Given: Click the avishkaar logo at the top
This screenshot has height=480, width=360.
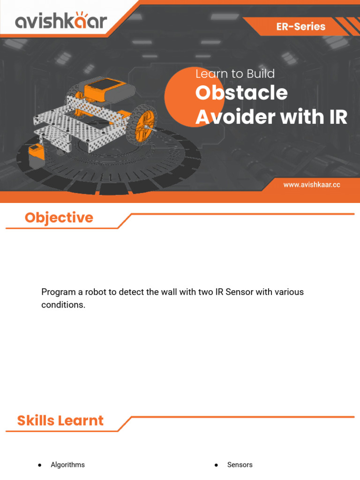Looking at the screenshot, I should click(61, 21).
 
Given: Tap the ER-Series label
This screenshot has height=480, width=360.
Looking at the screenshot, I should click(300, 27).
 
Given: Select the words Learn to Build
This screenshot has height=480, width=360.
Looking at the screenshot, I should click(235, 74).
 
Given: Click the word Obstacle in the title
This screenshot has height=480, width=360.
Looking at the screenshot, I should click(241, 93).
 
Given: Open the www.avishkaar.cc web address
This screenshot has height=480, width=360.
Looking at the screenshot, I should click(311, 185).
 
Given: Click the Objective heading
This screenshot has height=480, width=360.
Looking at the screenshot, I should click(59, 217).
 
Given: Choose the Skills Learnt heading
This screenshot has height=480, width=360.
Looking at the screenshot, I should click(60, 420).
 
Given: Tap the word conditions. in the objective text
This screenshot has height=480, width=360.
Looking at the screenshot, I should click(63, 305).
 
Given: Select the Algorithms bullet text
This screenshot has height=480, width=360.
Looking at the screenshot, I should click(67, 465).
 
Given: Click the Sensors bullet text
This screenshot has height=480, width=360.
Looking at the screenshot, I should click(240, 465).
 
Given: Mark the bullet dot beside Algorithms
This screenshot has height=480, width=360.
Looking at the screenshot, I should click(40, 465).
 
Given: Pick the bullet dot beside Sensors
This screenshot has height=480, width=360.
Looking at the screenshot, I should click(216, 465).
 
